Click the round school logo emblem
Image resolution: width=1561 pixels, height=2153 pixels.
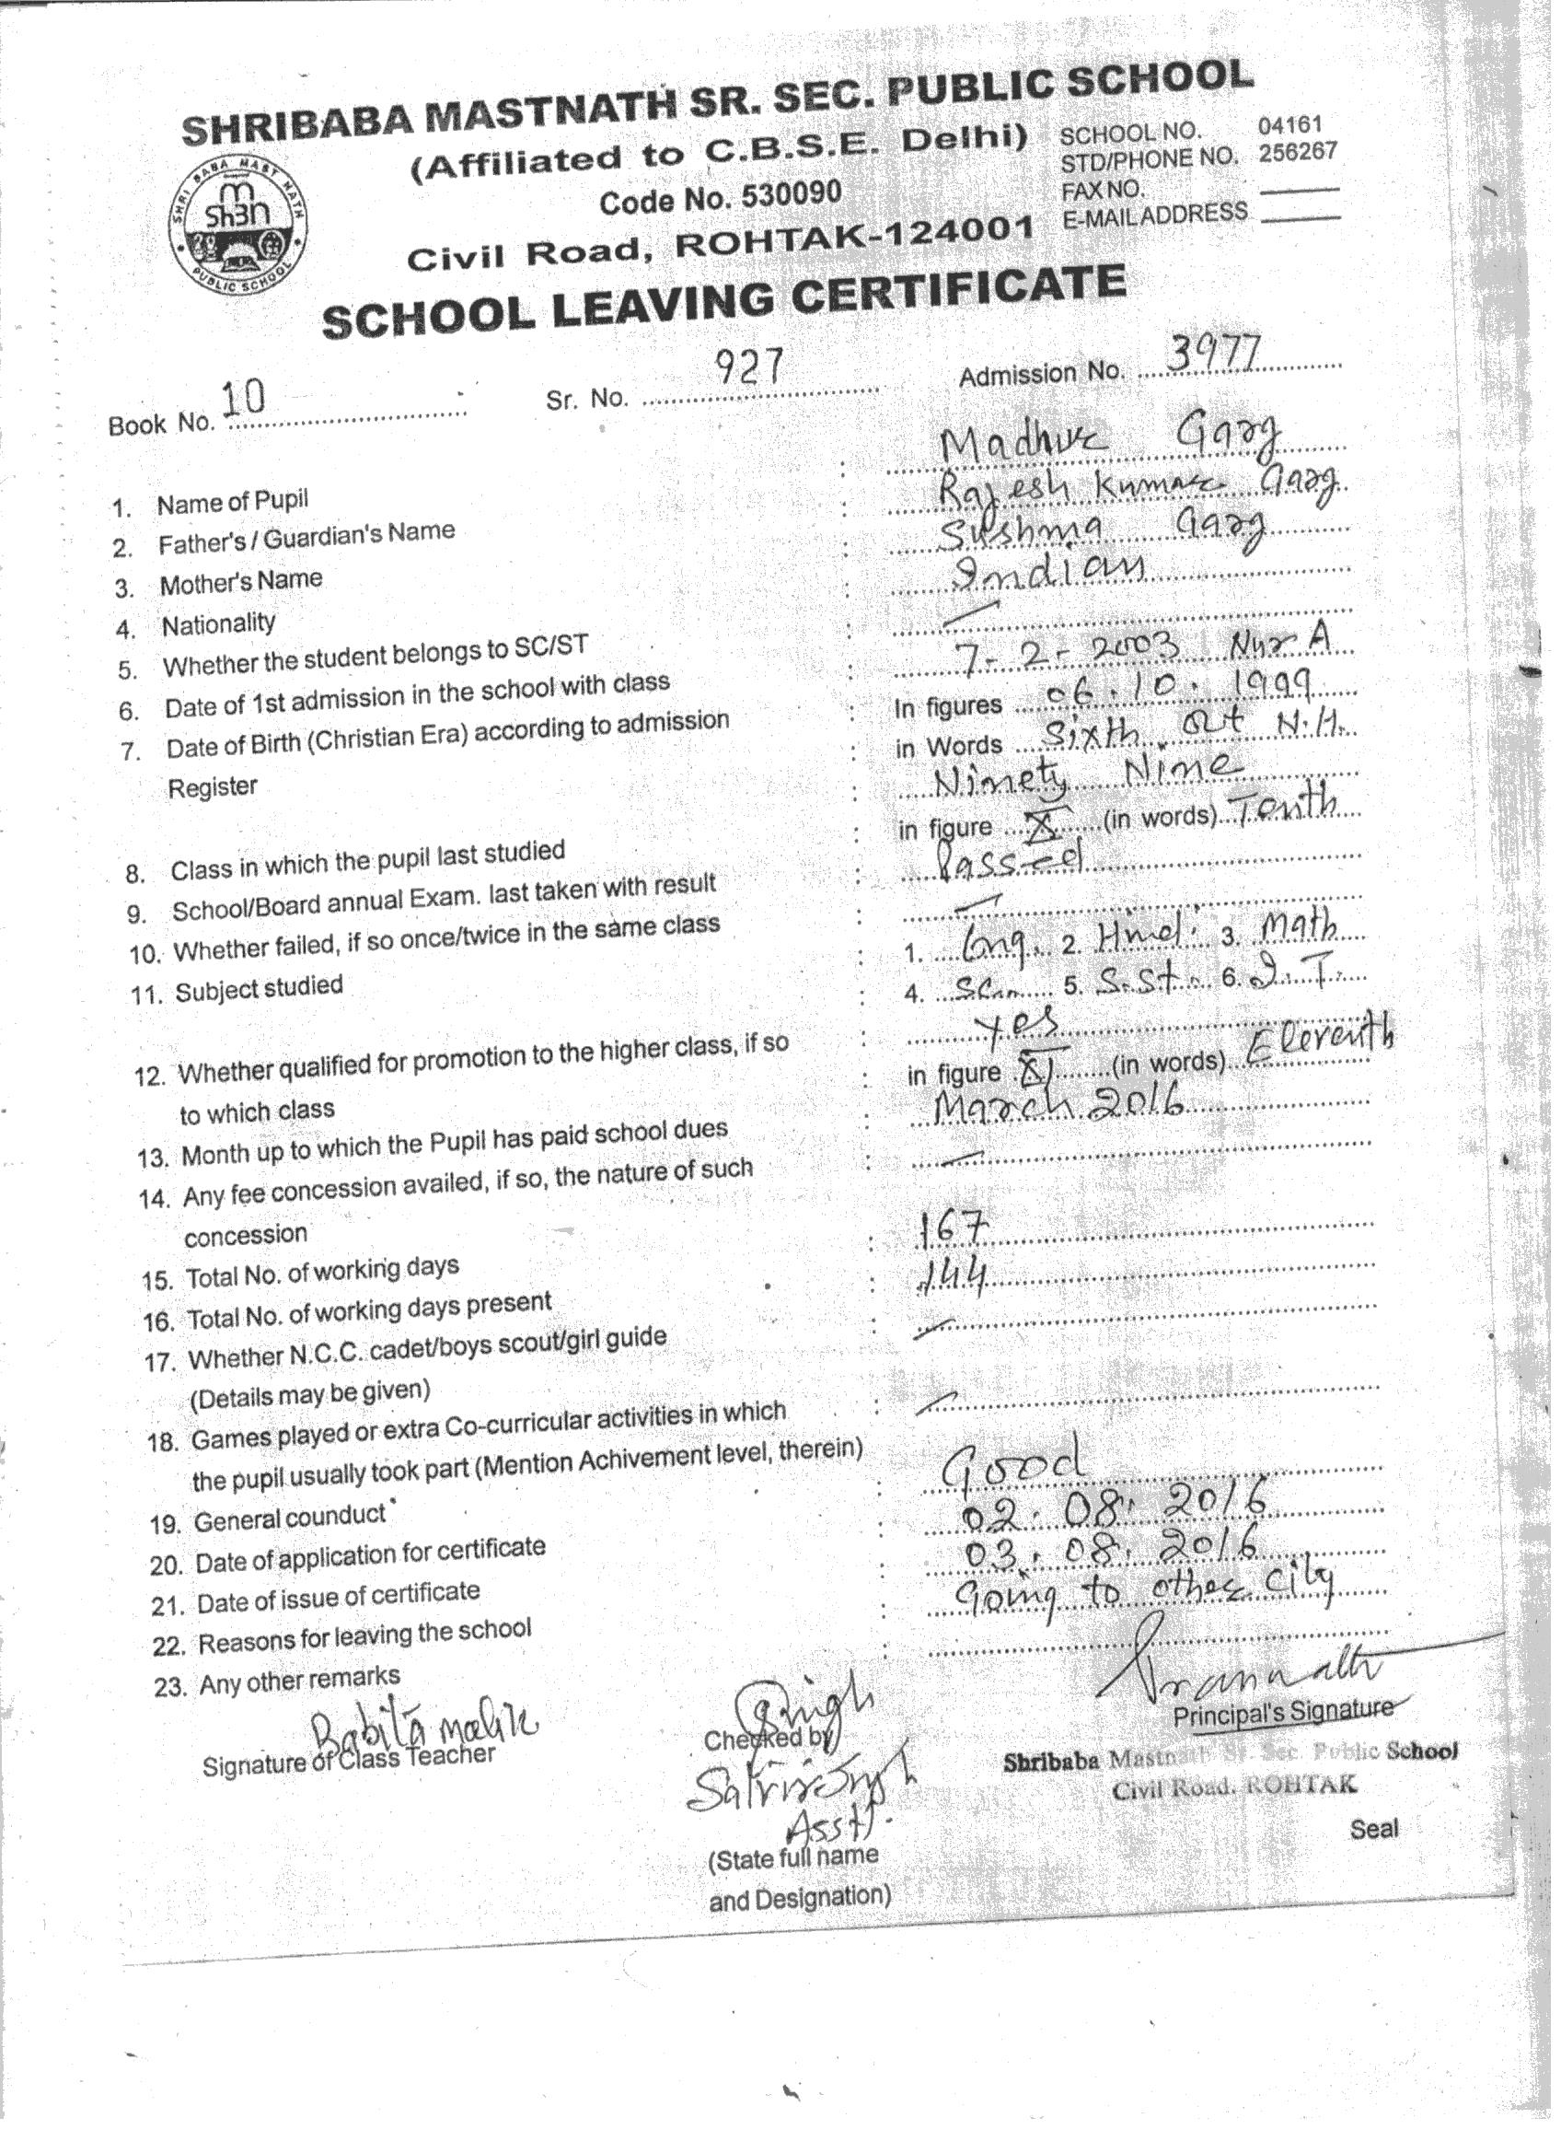(238, 228)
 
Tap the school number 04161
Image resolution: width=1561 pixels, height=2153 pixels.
(1289, 124)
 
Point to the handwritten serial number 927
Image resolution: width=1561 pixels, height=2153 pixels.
(748, 365)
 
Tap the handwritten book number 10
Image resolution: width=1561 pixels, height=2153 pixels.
(242, 399)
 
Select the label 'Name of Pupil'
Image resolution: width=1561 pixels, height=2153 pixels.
(233, 501)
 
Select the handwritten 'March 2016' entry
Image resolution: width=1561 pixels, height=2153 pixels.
(1058, 1104)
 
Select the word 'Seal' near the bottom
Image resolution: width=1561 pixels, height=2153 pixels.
(1373, 1827)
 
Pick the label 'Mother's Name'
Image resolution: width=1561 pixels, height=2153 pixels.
(241, 581)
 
